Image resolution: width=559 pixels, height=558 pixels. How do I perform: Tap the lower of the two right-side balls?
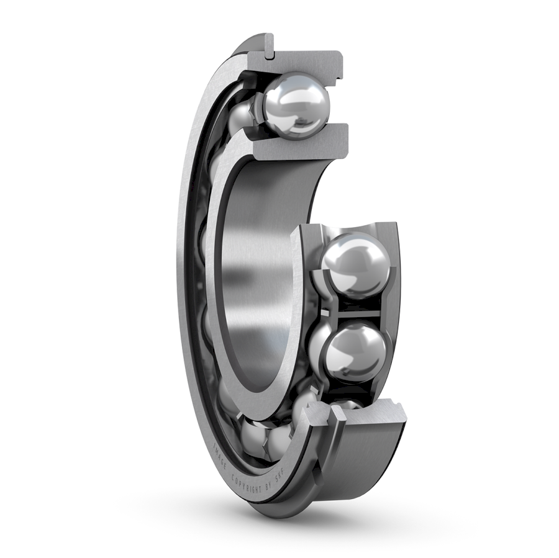[x=355, y=351]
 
